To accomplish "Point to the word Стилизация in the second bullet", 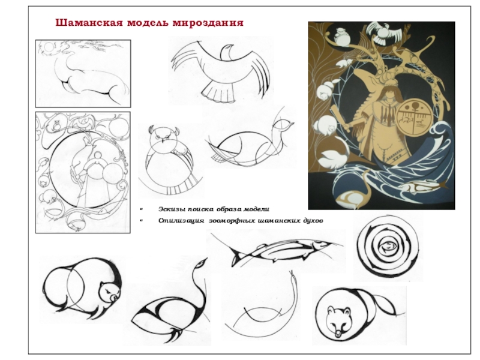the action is click(181, 221).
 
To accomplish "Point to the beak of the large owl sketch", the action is click(163, 141).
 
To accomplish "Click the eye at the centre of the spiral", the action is click(387, 245).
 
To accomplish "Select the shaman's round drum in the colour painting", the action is click(414, 118).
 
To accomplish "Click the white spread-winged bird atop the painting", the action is click(384, 32).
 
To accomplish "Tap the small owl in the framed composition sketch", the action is click(56, 125).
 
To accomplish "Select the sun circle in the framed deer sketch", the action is click(49, 47).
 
